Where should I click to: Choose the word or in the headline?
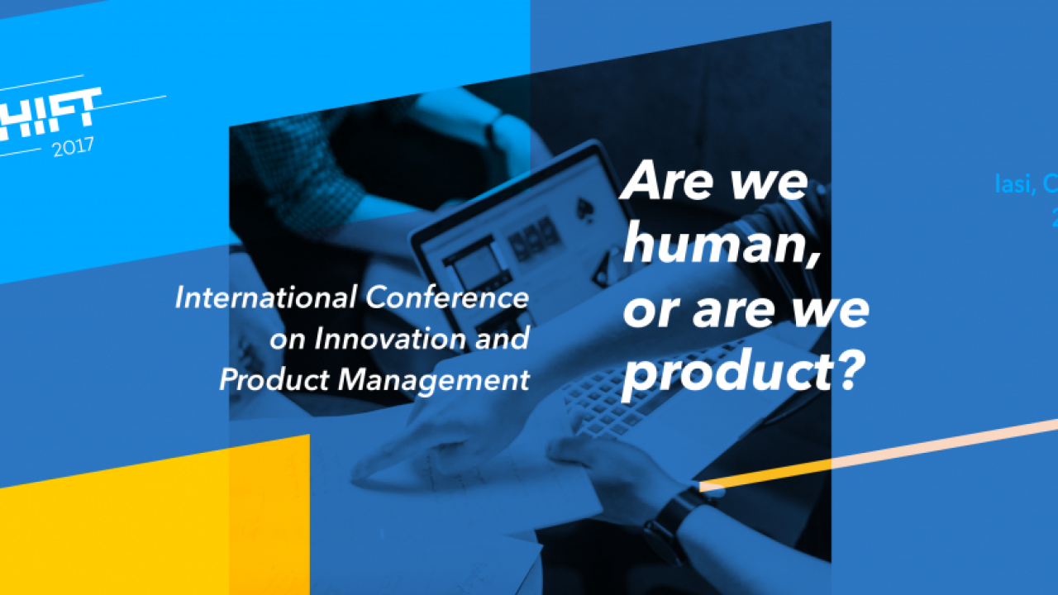coord(645,312)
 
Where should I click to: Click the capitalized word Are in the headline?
coord(661,181)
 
